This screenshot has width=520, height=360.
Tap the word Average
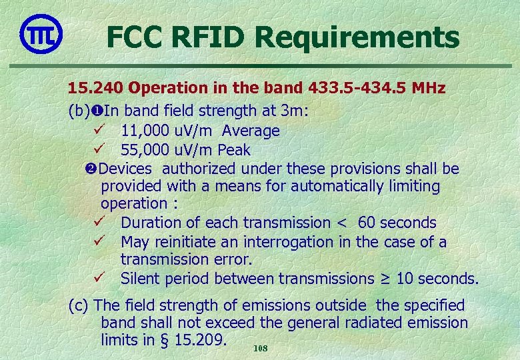click(251, 131)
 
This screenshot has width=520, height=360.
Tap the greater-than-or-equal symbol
click(386, 279)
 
